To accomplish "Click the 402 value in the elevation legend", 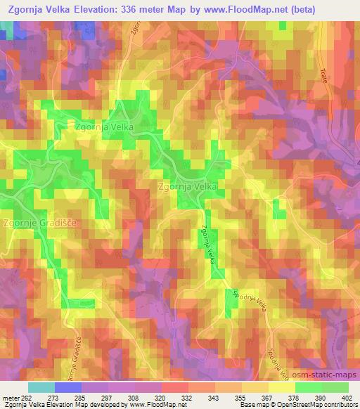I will click(347, 398).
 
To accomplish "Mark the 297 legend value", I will click(108, 398).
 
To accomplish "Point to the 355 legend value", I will click(240, 398).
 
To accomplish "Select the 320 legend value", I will click(161, 398).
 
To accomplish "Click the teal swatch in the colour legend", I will click(41, 387).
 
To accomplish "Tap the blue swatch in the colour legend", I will click(67, 387).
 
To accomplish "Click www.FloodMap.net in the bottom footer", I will click(148, 405).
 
